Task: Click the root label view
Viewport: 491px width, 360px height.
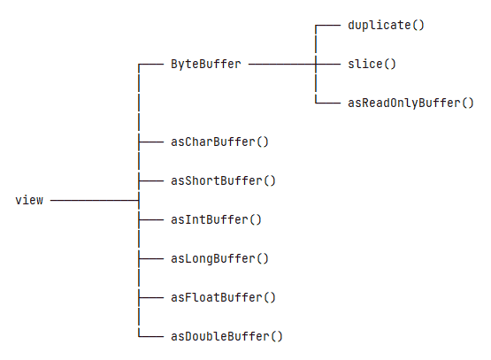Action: [x=29, y=201]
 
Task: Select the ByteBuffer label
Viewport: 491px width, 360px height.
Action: [x=206, y=65]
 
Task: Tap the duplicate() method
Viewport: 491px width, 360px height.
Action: [x=386, y=25]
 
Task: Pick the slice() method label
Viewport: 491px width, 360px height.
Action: [x=372, y=65]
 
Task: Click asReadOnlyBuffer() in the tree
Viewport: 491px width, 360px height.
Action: [x=410, y=103]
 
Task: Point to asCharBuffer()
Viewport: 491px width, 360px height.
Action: [x=219, y=142]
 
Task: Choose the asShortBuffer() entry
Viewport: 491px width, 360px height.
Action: [x=223, y=180]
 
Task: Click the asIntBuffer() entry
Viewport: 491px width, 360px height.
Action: [x=216, y=219]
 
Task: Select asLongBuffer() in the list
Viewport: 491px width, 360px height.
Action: [x=219, y=258]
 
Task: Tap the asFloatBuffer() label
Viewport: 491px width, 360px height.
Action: [x=223, y=297]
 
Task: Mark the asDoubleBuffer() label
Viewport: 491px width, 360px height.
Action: [x=226, y=336]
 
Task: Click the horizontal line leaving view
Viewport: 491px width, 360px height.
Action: [x=95, y=201]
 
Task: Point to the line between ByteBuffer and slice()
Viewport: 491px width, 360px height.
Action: [x=295, y=65]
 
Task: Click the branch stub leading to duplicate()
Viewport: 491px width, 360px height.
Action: [x=328, y=25]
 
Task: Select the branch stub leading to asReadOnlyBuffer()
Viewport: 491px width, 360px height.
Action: [x=328, y=103]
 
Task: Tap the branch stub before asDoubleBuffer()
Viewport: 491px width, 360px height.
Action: [x=151, y=336]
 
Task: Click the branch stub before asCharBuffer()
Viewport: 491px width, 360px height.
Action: [x=151, y=142]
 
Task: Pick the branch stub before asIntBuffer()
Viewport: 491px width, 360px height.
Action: [x=151, y=219]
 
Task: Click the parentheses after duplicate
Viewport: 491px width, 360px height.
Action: [x=418, y=25]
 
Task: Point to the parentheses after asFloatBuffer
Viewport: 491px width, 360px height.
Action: [x=269, y=297]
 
